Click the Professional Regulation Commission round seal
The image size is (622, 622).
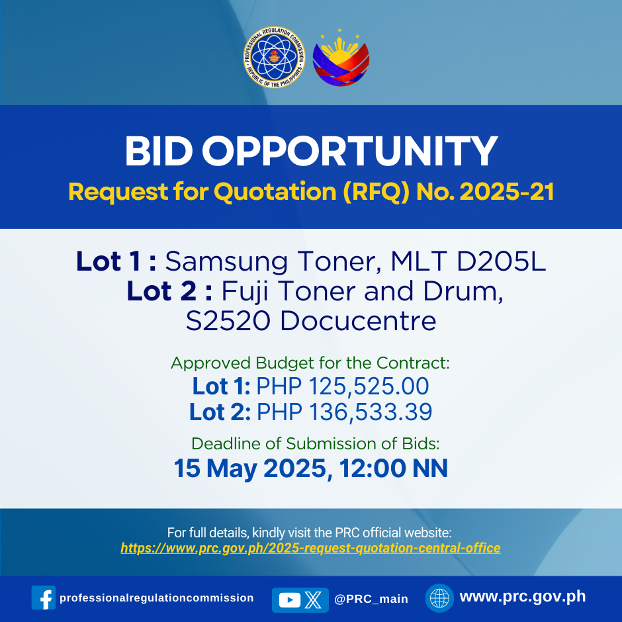tap(274, 57)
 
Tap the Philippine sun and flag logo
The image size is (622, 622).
tap(341, 58)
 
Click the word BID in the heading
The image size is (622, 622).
tap(159, 151)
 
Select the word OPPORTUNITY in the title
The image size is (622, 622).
tap(349, 151)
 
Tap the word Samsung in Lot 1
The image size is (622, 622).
tap(226, 262)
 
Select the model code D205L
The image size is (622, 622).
tap(501, 261)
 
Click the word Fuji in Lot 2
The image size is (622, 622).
tap(245, 292)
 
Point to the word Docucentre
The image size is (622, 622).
tap(358, 321)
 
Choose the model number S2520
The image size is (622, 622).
tap(228, 321)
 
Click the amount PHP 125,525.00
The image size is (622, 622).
tap(343, 386)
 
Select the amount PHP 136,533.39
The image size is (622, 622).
tap(344, 412)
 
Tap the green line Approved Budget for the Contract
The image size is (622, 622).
tap(310, 363)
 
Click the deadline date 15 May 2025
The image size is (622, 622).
tap(250, 468)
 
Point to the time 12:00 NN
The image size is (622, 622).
tap(394, 468)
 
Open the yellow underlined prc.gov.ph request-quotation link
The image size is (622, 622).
tap(310, 548)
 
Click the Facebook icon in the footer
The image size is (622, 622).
tap(44, 598)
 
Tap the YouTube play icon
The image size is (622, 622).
tap(290, 600)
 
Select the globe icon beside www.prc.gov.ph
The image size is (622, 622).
tap(439, 598)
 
